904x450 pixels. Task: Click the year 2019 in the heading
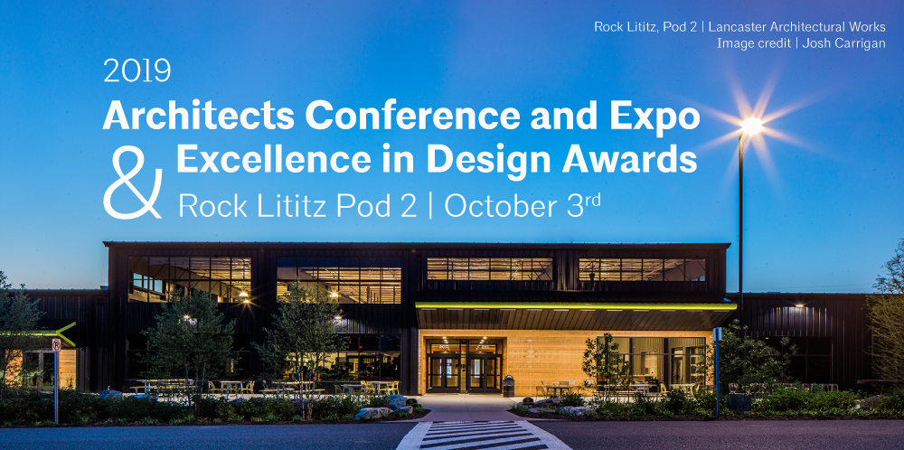(x=137, y=70)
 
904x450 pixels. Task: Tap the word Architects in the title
(x=199, y=116)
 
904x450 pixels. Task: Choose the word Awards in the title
(x=629, y=159)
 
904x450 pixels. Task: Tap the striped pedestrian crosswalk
(x=483, y=435)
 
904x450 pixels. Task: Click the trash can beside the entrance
(x=508, y=386)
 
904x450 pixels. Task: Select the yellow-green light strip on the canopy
(x=575, y=305)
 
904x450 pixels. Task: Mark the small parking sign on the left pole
(x=56, y=345)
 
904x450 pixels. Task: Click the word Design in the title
(x=490, y=161)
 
